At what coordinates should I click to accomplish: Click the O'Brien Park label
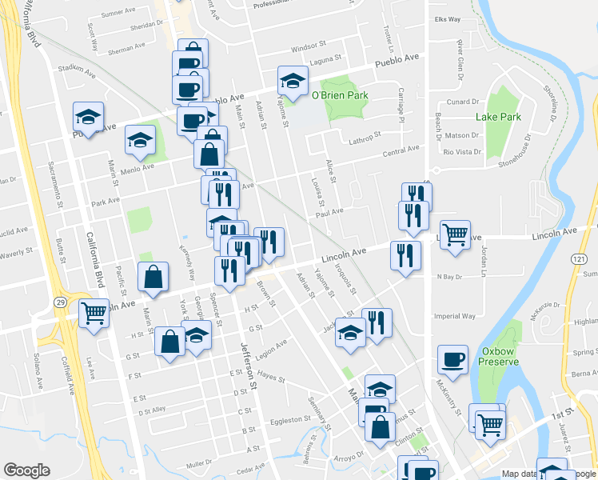tap(339, 95)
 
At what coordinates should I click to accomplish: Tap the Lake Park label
tap(498, 117)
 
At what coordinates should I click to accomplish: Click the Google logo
tap(27, 470)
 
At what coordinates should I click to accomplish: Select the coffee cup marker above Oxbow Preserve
tap(453, 358)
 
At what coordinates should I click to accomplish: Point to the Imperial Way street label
tap(455, 316)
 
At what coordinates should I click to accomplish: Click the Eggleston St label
tap(289, 419)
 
